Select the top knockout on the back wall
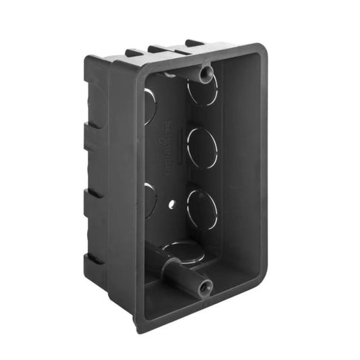203,91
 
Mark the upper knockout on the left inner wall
149,107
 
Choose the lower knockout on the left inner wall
149,197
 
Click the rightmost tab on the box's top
195,44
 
